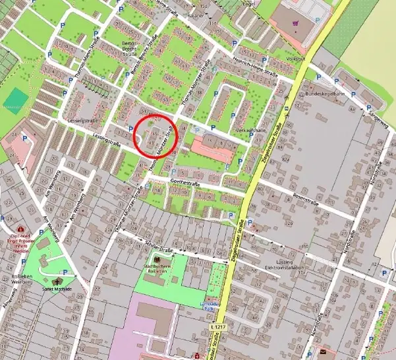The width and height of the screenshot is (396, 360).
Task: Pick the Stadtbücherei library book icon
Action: coord(157,260)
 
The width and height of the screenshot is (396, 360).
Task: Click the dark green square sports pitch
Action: coord(17,98)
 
